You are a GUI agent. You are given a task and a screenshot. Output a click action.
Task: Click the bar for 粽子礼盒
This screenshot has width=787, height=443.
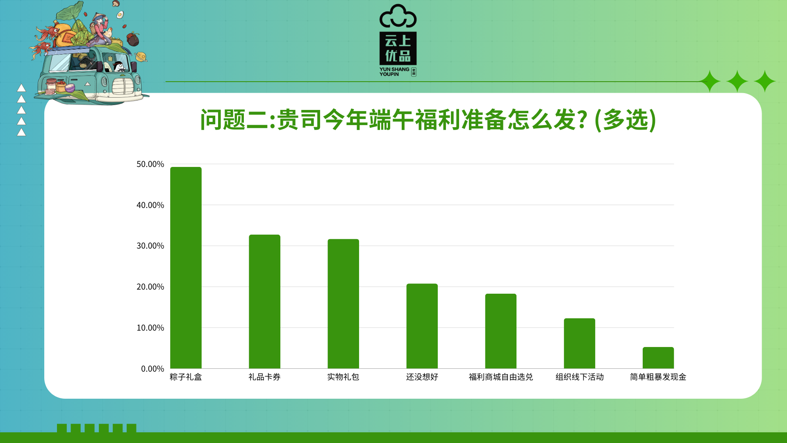[186, 267]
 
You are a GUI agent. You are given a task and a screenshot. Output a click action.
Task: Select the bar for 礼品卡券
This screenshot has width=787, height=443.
[264, 301]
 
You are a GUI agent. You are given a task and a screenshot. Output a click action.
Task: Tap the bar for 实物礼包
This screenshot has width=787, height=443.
[343, 304]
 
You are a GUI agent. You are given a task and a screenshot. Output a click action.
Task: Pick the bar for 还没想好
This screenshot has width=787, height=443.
[422, 326]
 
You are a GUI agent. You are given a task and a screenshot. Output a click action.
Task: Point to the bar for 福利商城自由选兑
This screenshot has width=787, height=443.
[500, 331]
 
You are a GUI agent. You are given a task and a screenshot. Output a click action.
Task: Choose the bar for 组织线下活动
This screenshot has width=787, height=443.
[579, 343]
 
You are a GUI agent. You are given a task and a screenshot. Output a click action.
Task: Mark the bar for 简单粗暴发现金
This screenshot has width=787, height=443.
[658, 358]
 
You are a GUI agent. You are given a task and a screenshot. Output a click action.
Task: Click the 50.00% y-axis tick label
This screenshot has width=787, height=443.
[150, 164]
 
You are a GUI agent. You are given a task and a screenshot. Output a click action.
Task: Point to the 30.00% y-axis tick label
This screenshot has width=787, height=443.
[150, 246]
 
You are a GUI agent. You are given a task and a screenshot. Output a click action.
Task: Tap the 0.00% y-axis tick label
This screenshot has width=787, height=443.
[152, 369]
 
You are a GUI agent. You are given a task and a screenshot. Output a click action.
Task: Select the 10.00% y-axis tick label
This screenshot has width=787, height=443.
[150, 328]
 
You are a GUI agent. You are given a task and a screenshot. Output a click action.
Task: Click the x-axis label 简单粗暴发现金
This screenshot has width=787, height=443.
[658, 377]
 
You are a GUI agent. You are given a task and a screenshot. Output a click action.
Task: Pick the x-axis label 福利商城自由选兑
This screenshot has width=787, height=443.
[500, 377]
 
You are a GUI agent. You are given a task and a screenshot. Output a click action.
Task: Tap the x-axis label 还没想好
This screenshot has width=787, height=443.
[422, 377]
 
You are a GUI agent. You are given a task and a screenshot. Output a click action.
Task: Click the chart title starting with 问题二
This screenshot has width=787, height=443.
[428, 120]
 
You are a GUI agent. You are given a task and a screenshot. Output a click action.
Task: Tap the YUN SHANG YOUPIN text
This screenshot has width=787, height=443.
[394, 72]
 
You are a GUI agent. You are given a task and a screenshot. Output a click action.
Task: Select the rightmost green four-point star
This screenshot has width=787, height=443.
[764, 81]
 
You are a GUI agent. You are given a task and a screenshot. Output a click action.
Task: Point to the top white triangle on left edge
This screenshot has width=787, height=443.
[21, 88]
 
